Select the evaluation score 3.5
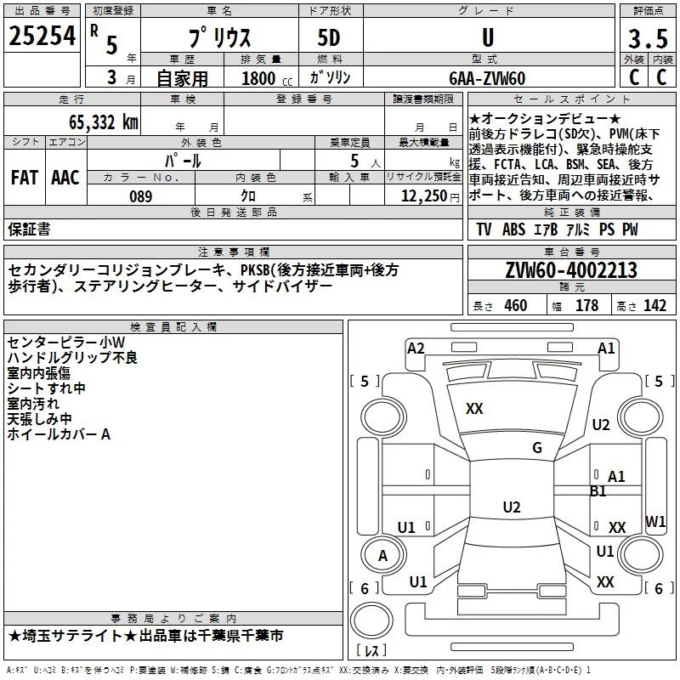647,39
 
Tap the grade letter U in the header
487,38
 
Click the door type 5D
328,39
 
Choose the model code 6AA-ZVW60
487,78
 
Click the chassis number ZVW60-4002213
570,271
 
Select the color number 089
140,196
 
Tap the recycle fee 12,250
422,196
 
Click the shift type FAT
24,178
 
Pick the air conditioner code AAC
65,178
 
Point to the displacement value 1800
258,79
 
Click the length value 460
515,306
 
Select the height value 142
654,306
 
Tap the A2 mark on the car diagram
416,348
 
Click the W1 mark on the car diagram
655,521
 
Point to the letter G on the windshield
537,448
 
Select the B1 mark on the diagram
598,491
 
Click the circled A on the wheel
382,556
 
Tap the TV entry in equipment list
484,229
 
